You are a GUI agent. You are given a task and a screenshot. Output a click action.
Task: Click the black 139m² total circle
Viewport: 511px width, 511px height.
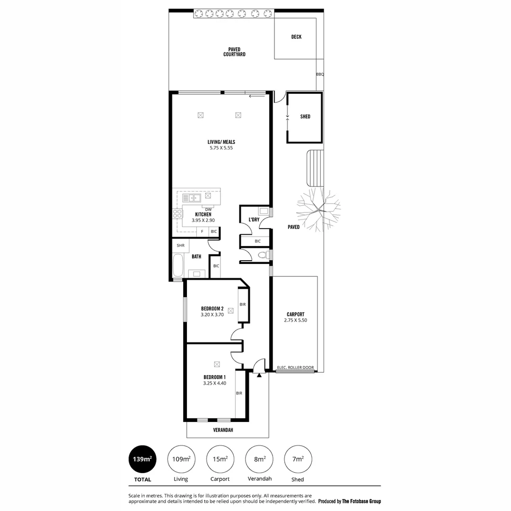pyautogui.click(x=142, y=459)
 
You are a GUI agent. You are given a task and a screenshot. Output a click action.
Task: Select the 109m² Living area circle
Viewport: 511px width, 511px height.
pyautogui.click(x=181, y=459)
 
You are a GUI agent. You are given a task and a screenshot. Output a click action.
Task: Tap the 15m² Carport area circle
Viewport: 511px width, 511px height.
pyautogui.click(x=220, y=459)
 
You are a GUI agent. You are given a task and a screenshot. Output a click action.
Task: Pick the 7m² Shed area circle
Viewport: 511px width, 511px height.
pyautogui.click(x=298, y=459)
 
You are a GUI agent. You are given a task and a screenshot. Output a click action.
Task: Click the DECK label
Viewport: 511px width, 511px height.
pyautogui.click(x=296, y=37)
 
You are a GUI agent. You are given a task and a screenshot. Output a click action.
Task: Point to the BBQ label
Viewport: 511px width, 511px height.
pyautogui.click(x=320, y=74)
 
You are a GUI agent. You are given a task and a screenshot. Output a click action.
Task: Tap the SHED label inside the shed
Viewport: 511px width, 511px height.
pyautogui.click(x=305, y=116)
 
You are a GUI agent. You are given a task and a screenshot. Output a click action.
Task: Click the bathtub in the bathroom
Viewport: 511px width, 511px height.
pyautogui.click(x=178, y=265)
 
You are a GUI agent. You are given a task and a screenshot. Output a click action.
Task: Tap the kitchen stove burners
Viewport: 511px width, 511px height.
pyautogui.click(x=178, y=214)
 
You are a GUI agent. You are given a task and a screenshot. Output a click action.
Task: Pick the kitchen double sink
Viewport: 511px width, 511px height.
pyautogui.click(x=192, y=198)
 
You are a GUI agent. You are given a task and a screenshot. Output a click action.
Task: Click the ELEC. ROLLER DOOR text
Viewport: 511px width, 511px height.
pyautogui.click(x=295, y=367)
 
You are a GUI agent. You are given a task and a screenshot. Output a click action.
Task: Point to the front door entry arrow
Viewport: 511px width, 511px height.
pyautogui.click(x=259, y=375)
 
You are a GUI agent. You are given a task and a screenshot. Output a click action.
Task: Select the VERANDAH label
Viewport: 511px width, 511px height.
pyautogui.click(x=222, y=430)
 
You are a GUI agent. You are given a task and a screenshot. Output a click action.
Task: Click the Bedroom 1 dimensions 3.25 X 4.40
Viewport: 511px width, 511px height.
pyautogui.click(x=215, y=383)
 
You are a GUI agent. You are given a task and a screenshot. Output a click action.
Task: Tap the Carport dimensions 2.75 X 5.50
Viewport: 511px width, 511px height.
pyautogui.click(x=295, y=320)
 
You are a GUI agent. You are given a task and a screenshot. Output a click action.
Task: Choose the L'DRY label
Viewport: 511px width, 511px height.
pyautogui.click(x=254, y=220)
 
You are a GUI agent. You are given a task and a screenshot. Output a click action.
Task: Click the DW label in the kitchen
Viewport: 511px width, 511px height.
pyautogui.click(x=208, y=209)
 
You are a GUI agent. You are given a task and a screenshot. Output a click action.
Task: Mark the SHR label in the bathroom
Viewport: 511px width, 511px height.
pyautogui.click(x=180, y=246)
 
